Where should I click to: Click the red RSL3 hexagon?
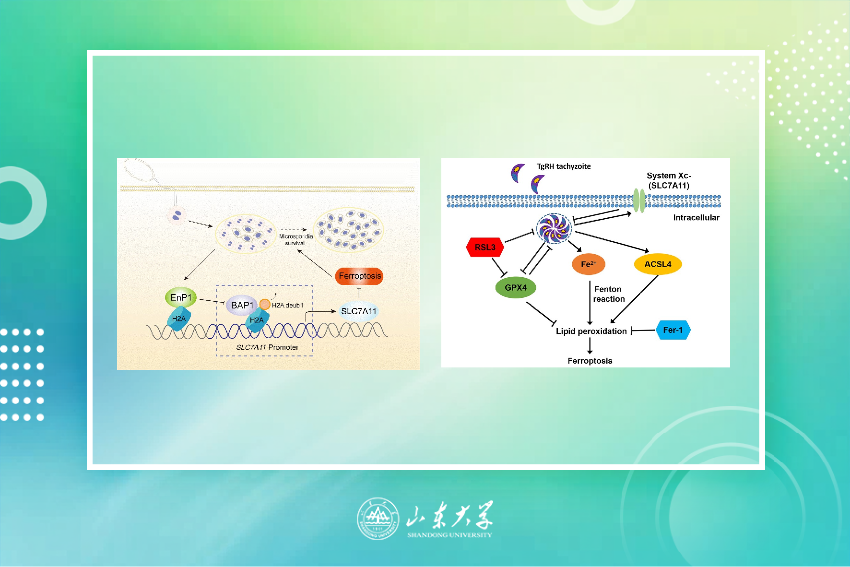pos(485,248)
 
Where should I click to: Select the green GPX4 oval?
pos(516,287)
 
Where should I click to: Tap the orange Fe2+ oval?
pos(589,264)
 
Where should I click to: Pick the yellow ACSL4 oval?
pos(658,264)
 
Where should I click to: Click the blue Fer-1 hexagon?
pos(673,330)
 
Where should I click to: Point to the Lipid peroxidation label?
pos(591,331)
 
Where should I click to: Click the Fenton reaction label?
pos(609,294)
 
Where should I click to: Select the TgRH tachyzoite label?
pos(564,166)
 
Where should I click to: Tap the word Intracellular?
pos(696,218)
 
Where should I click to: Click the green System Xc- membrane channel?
pos(639,201)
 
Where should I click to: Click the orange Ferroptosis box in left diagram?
pos(359,276)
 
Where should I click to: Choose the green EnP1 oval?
pos(181,298)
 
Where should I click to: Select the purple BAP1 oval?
pos(242,306)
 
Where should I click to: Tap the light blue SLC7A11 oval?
pos(359,311)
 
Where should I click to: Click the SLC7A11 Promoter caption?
pos(267,347)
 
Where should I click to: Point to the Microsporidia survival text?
pos(295,239)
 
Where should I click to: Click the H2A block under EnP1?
pos(179,319)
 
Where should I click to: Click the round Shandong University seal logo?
pos(378,518)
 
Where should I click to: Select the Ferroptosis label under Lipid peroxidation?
pos(590,361)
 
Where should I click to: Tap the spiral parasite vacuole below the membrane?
pos(554,228)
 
